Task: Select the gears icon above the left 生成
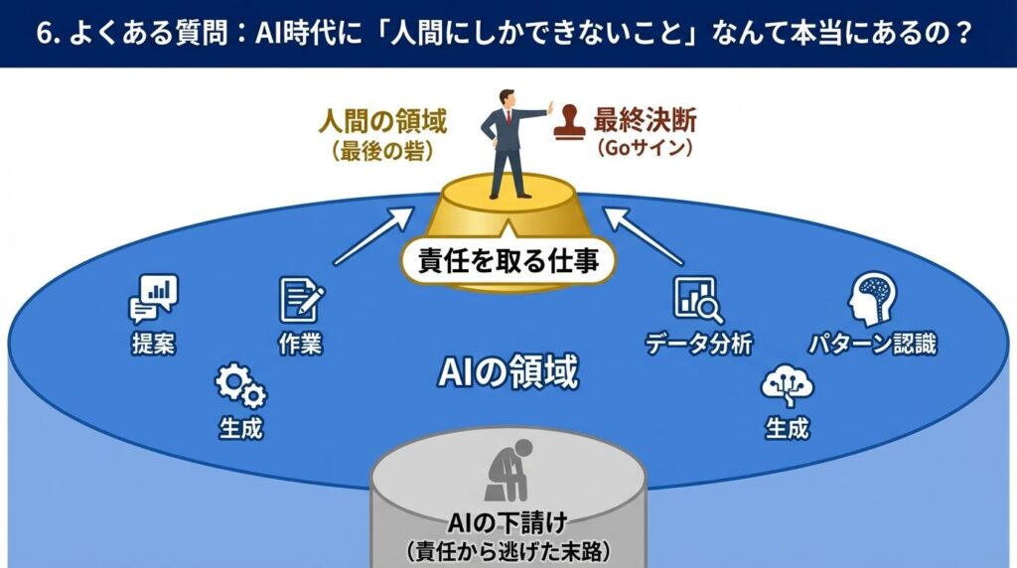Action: coord(240,388)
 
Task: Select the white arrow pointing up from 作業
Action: coord(373,235)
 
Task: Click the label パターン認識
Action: coord(871,344)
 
